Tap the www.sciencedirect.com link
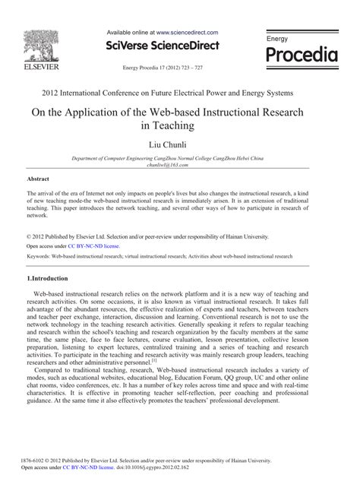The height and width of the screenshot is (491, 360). [x=187, y=33]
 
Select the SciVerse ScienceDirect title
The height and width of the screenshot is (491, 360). [x=163, y=47]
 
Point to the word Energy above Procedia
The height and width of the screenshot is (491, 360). [x=277, y=37]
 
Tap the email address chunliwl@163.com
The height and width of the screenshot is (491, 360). [x=178, y=164]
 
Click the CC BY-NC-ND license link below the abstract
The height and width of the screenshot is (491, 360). [x=93, y=246]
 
